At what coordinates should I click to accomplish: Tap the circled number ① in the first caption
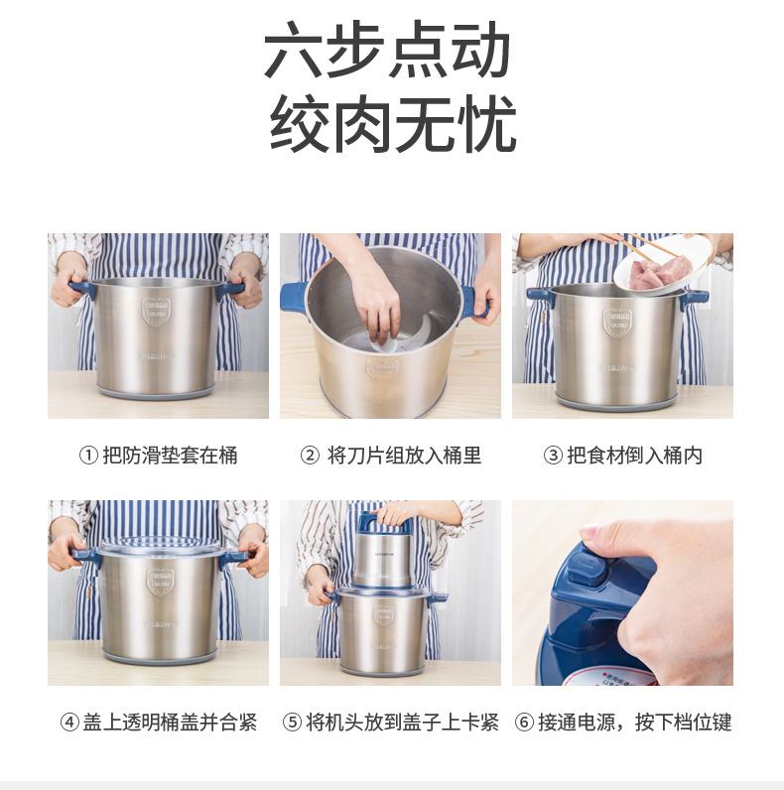(x=88, y=456)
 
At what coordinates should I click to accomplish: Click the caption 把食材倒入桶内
(x=634, y=456)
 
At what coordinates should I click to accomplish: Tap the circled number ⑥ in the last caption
(x=524, y=723)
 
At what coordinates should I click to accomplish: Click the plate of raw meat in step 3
(x=656, y=268)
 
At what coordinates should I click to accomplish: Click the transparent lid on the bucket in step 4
(x=159, y=547)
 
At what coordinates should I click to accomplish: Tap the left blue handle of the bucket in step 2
(x=295, y=297)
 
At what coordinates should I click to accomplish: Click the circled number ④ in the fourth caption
(x=69, y=723)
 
